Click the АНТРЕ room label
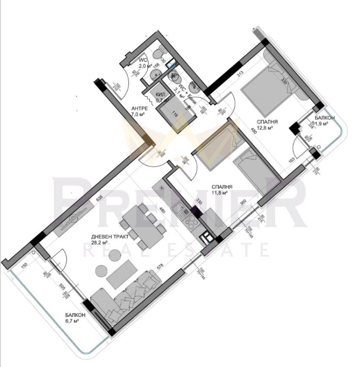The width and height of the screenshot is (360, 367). [140, 109]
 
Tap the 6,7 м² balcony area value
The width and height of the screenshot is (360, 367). [72, 321]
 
